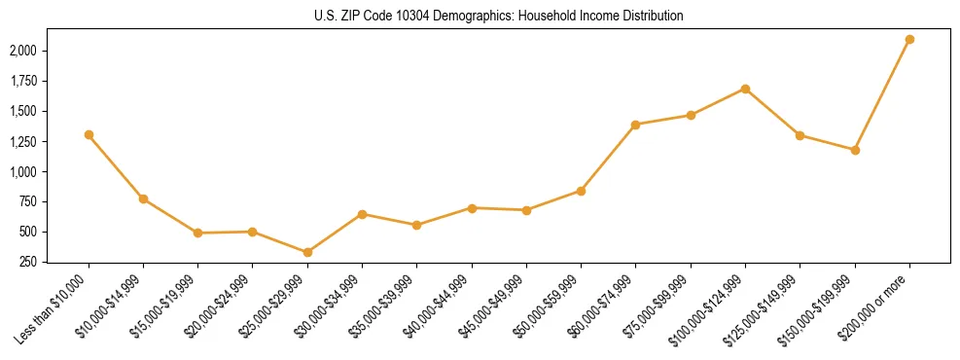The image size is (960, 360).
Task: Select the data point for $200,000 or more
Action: (909, 40)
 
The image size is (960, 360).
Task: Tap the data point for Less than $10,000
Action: (89, 135)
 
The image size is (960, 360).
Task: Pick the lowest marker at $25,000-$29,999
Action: (307, 253)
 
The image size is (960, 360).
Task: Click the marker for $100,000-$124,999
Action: (745, 89)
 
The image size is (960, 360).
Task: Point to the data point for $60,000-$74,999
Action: (636, 125)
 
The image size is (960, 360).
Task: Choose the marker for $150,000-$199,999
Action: (855, 150)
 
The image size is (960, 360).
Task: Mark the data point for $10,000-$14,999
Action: (143, 199)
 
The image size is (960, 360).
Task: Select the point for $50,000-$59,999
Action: (581, 191)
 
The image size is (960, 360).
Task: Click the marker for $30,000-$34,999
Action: (362, 214)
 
